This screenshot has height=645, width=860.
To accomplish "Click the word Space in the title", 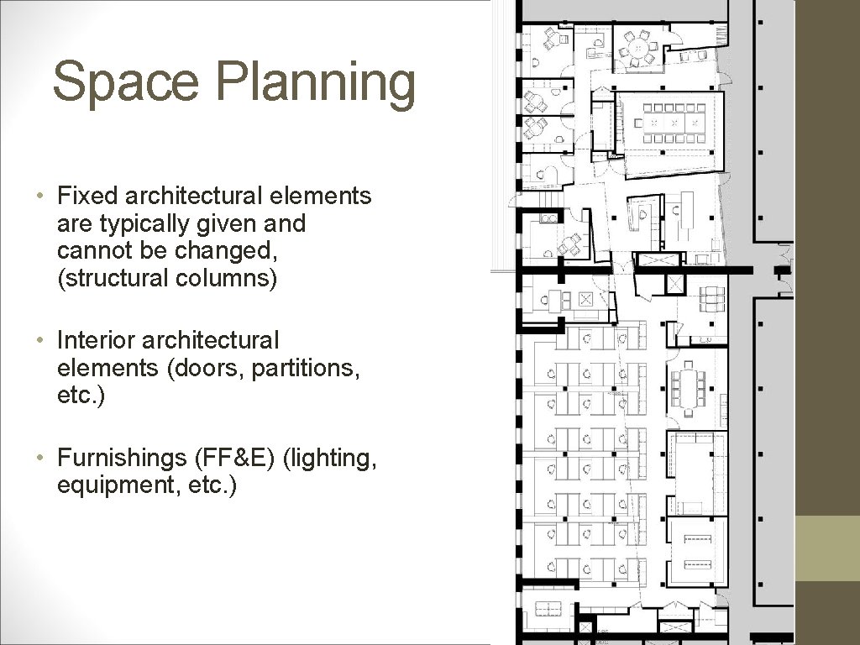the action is pyautogui.click(x=126, y=81).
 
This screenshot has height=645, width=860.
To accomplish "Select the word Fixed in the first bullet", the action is pyautogui.click(x=87, y=196).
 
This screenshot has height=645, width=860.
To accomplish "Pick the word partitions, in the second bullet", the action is pyautogui.click(x=305, y=369).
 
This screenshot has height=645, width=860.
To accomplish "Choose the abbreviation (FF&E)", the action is pyautogui.click(x=234, y=458).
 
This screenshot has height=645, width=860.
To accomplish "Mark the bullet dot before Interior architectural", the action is pyautogui.click(x=39, y=340).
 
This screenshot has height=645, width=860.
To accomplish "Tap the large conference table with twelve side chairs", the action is pyautogui.click(x=668, y=123).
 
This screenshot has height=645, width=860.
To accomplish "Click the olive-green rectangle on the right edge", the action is pyautogui.click(x=827, y=548).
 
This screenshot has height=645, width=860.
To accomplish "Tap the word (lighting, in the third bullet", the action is pyautogui.click(x=329, y=459).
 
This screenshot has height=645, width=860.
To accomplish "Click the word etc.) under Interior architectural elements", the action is pyautogui.click(x=80, y=396).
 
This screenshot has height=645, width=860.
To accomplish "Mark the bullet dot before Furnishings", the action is pyautogui.click(x=39, y=457).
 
